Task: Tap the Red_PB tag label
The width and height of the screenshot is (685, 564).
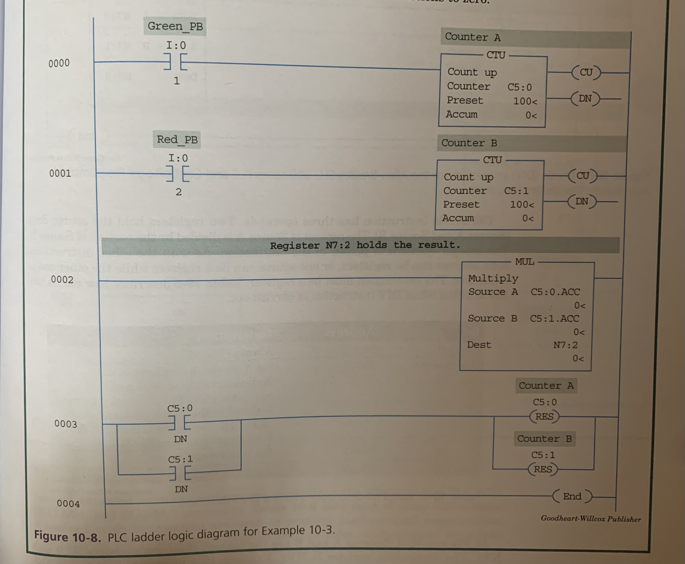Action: click(x=177, y=140)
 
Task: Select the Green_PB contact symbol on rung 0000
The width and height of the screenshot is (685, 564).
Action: click(x=176, y=61)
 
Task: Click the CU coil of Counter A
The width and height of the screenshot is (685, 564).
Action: click(x=586, y=73)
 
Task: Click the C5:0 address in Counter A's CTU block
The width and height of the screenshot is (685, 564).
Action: click(x=520, y=87)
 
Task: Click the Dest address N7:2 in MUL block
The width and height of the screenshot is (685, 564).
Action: click(x=565, y=345)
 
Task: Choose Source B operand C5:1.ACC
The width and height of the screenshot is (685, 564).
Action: click(x=554, y=318)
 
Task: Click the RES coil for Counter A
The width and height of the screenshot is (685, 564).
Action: click(x=544, y=416)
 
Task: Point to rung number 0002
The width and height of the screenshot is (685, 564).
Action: click(x=62, y=279)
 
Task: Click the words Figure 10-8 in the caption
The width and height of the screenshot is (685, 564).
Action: click(x=67, y=536)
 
